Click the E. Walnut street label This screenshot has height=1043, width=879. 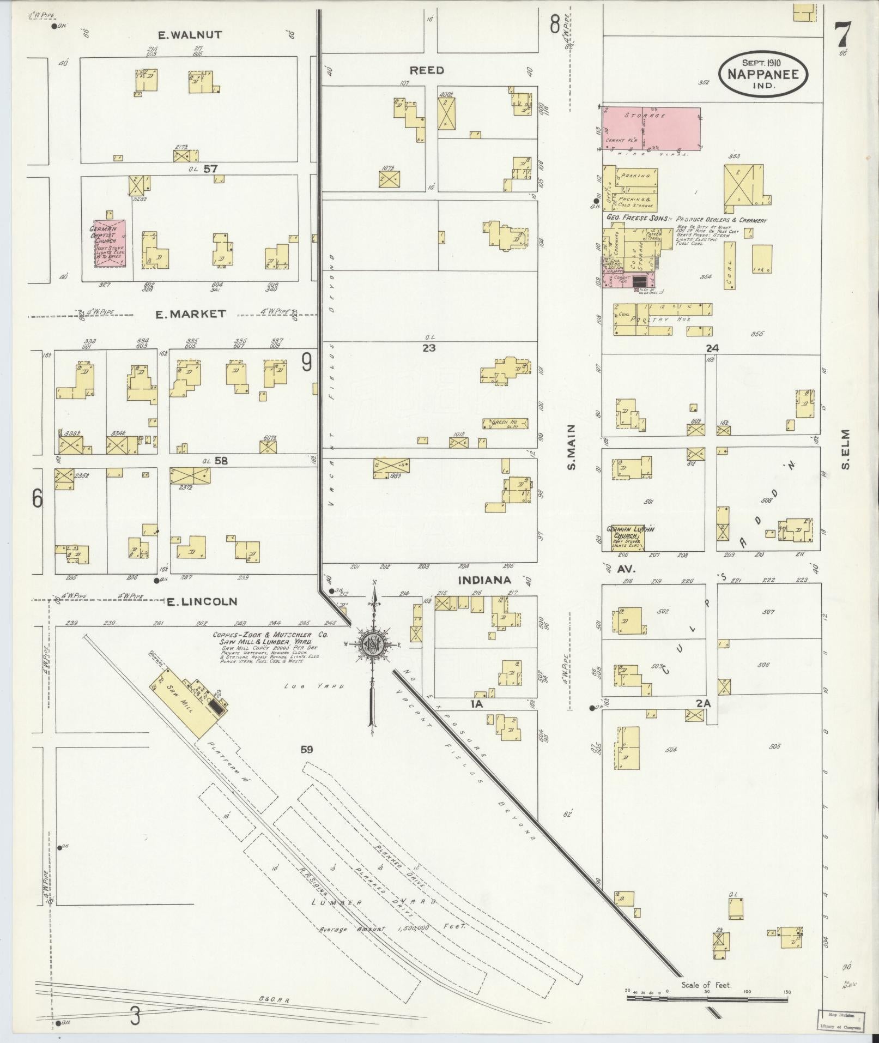190,35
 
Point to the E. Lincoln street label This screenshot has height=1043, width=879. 202,602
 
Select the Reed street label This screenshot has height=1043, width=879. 427,70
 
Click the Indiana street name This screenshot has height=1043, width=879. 484,580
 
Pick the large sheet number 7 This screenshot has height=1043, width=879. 842,36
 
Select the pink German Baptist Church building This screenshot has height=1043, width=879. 111,244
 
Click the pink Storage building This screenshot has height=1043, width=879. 652,129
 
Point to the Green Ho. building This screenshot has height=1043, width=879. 505,423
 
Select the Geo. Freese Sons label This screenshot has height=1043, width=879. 638,217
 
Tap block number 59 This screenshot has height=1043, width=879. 306,750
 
